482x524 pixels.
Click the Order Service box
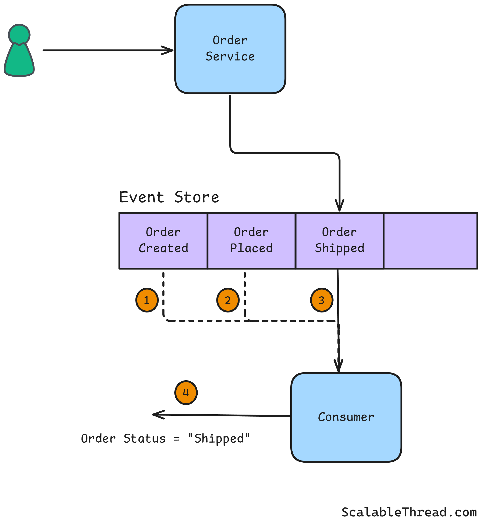230,49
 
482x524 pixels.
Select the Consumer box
346,417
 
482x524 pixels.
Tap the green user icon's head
19,34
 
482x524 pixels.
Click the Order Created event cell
163,240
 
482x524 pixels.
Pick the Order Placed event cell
251,240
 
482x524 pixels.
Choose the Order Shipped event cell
339,240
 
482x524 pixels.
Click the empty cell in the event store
430,240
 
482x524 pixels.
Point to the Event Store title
169,197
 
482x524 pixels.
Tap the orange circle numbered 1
147,300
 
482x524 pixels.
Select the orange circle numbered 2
228,300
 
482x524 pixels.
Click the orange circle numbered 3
321,300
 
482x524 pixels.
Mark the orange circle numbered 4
186,392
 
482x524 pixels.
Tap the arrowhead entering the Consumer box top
338,366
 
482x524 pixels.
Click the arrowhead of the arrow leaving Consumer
156,415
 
